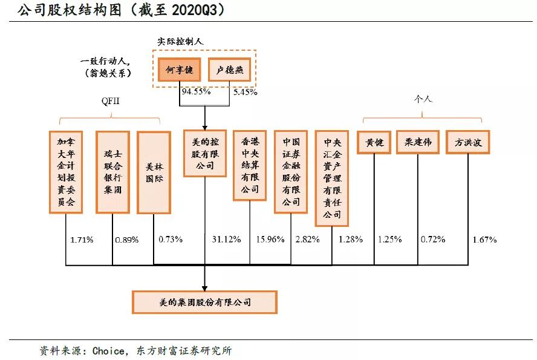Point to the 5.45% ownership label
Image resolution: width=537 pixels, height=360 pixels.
(x=245, y=92)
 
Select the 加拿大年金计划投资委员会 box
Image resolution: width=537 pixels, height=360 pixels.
(x=65, y=171)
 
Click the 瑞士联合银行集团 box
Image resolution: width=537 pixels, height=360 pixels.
(x=112, y=171)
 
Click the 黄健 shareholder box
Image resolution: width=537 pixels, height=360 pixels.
(x=374, y=143)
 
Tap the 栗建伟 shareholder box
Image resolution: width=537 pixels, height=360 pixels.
(x=417, y=143)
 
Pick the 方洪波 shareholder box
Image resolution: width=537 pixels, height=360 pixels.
(x=467, y=143)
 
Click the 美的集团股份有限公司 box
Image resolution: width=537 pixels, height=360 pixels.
(x=204, y=302)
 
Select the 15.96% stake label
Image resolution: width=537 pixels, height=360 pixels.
(x=270, y=240)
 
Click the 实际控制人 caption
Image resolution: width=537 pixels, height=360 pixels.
(x=180, y=41)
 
